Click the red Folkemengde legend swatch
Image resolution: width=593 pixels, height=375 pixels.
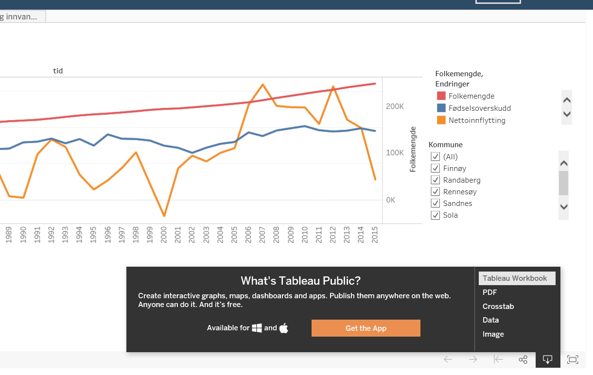[x=441, y=96]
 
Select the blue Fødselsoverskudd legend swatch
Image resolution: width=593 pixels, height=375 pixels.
[x=441, y=108]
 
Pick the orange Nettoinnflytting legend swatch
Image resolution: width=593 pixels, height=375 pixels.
[x=441, y=120]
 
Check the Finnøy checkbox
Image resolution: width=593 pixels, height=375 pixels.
[x=436, y=169]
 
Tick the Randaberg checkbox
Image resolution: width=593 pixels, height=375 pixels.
[x=436, y=180]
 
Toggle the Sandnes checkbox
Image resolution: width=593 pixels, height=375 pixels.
[x=436, y=204]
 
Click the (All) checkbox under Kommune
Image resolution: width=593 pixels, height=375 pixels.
[x=436, y=157]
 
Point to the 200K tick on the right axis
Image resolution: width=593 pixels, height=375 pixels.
[x=395, y=106]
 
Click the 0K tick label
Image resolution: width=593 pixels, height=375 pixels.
[x=392, y=200]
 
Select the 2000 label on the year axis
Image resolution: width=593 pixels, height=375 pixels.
[x=164, y=234]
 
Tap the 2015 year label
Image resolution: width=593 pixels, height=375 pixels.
[x=374, y=234]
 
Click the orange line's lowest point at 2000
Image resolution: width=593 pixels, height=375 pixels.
[x=164, y=216]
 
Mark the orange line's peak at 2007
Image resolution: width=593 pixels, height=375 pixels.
[x=262, y=85]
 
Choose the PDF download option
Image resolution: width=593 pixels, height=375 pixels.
[x=489, y=292]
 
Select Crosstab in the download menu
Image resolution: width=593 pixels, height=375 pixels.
[x=498, y=307]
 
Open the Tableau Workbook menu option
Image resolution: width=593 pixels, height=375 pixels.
[x=515, y=278]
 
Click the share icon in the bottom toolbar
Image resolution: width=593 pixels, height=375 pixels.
[x=523, y=359]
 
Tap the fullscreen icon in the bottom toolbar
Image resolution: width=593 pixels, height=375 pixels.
[x=573, y=359]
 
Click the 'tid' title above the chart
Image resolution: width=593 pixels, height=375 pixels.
[x=58, y=71]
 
